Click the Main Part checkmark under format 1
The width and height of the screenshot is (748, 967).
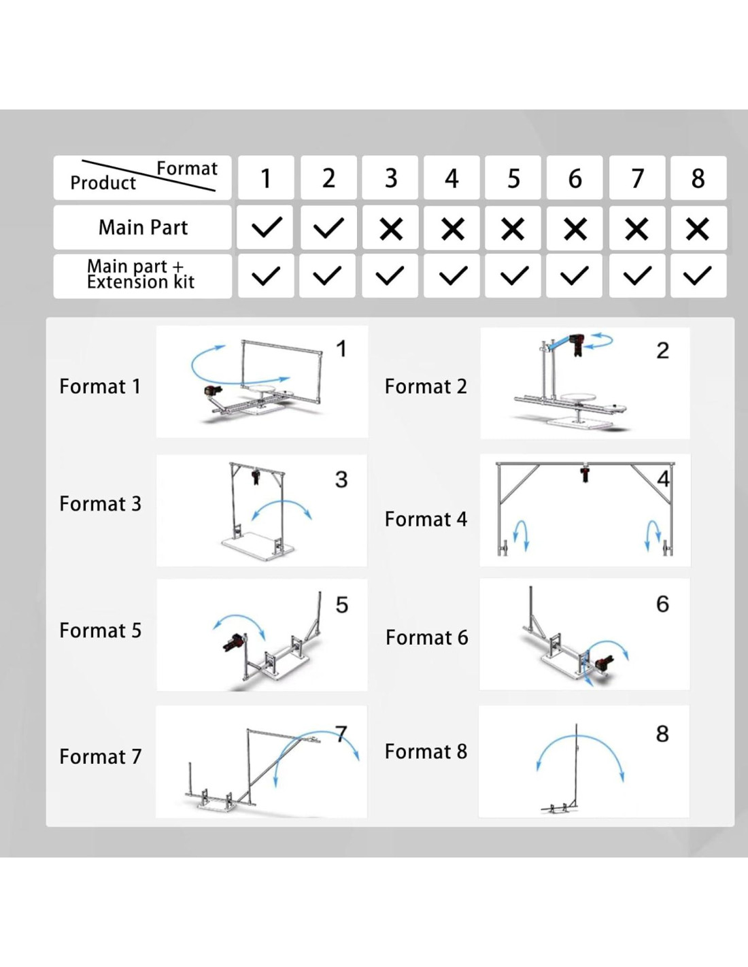tap(266, 227)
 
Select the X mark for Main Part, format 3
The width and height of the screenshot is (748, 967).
tap(391, 228)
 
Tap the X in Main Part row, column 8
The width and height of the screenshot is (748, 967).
tap(698, 228)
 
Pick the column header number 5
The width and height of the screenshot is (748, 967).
tap(513, 179)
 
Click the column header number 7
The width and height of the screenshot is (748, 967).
tap(637, 179)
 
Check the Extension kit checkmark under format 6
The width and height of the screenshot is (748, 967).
tap(575, 275)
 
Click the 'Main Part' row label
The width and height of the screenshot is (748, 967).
tap(143, 227)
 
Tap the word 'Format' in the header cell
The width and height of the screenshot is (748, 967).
tap(187, 168)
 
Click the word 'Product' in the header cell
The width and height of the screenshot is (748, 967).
tap(103, 183)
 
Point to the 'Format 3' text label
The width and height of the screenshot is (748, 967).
tap(100, 504)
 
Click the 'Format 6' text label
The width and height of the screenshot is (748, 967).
tap(426, 637)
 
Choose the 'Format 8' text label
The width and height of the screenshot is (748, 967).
tap(426, 751)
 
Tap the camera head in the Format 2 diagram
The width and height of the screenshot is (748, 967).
tap(577, 343)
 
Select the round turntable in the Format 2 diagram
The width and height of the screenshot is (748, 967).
tap(577, 397)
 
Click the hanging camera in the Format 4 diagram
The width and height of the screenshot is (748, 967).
tap(585, 473)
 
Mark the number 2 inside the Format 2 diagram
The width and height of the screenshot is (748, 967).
tap(662, 351)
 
